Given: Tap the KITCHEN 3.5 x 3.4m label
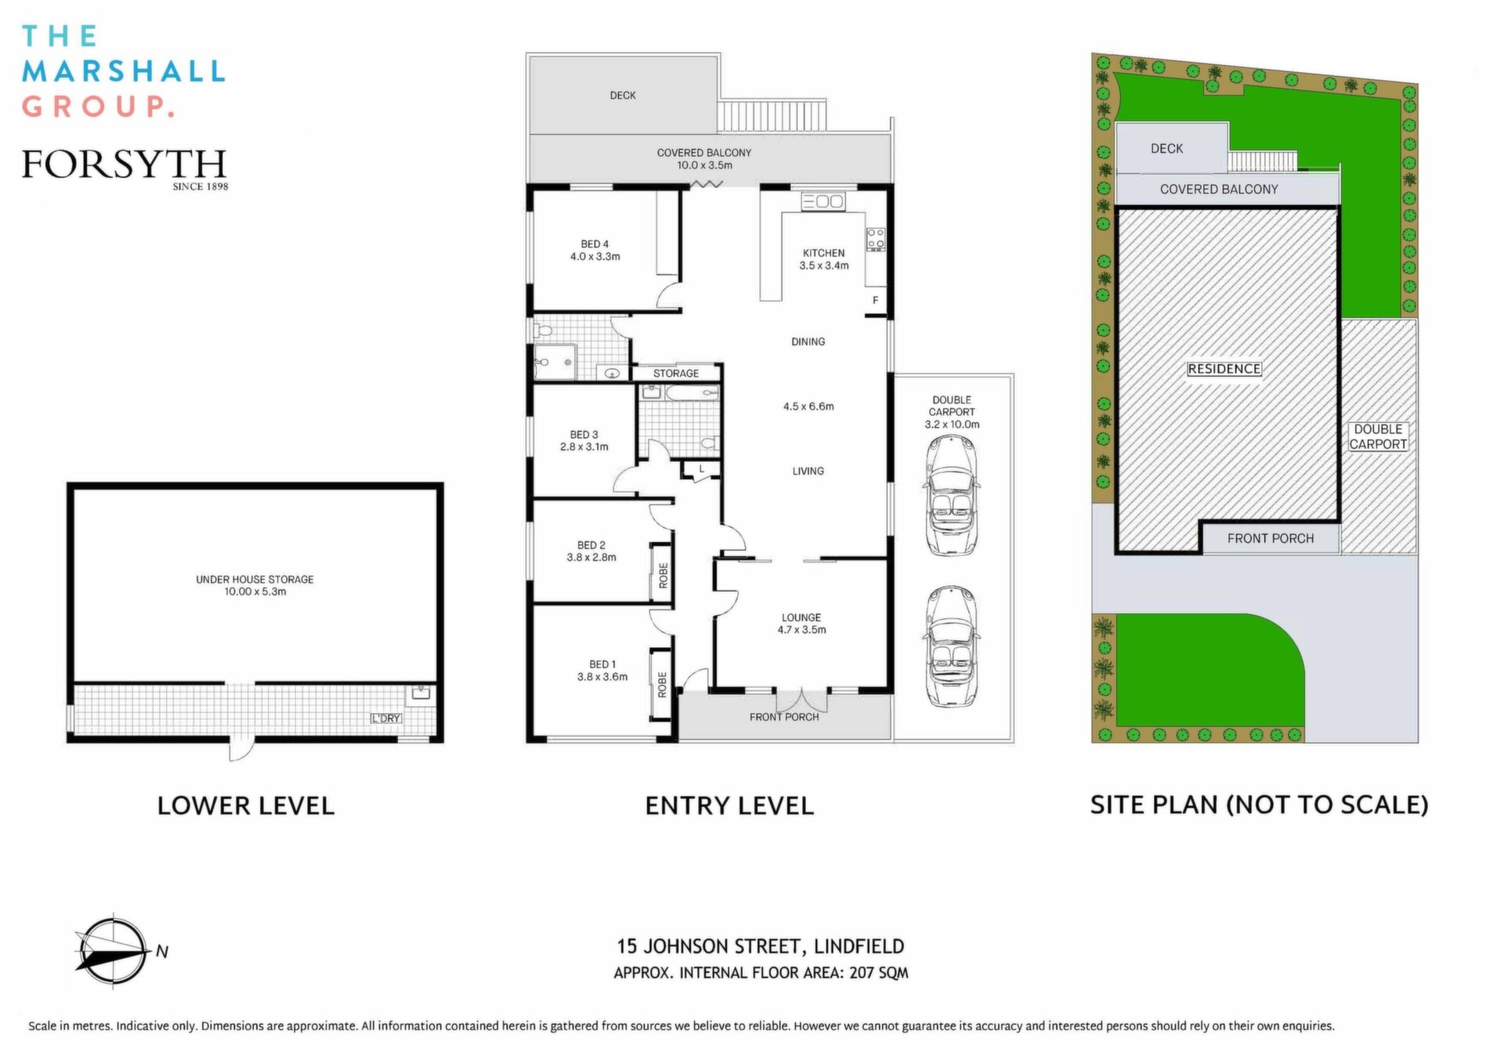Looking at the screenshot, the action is [x=824, y=259].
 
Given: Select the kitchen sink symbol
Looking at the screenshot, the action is [x=822, y=201].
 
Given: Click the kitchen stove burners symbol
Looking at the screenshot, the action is [x=876, y=240].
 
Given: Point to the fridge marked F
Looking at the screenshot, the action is [x=876, y=301].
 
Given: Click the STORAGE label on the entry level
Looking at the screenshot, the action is [x=676, y=374].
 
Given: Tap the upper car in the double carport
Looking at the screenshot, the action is [x=951, y=496].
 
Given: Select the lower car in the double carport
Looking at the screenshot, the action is [x=951, y=647].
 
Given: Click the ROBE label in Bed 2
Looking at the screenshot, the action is [x=663, y=576].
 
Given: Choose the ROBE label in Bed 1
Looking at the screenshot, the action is [x=663, y=685].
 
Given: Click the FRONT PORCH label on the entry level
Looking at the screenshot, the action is [x=784, y=717].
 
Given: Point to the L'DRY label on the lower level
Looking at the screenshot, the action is [x=386, y=718].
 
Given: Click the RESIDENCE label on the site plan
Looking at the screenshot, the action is [x=1224, y=369].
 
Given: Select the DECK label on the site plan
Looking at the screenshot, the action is [x=1167, y=149].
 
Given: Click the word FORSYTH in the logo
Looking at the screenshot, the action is [x=124, y=164].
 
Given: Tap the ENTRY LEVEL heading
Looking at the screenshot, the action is [x=729, y=806].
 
